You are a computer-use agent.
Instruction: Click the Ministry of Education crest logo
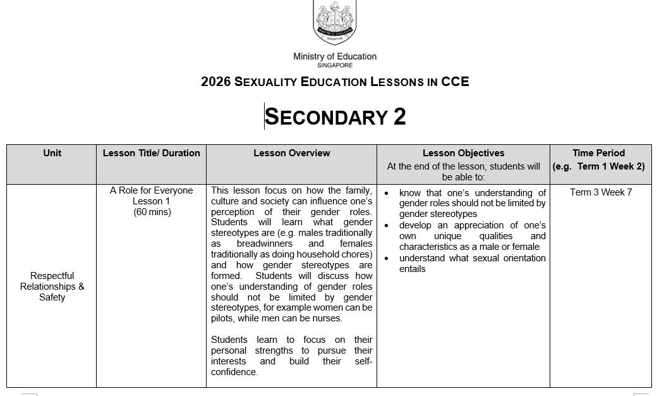click(x=335, y=22)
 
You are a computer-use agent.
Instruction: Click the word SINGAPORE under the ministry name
click(x=335, y=65)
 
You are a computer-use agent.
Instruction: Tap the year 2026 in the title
click(x=215, y=82)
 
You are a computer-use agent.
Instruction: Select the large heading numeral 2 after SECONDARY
click(x=399, y=117)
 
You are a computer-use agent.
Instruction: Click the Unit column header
click(x=52, y=153)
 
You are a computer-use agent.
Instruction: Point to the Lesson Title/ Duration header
click(x=151, y=153)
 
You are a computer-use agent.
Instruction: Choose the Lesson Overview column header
click(x=291, y=153)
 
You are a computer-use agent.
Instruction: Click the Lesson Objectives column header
click(x=463, y=153)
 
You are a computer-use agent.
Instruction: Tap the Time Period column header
click(x=598, y=153)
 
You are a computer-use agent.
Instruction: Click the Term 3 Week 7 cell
click(x=600, y=192)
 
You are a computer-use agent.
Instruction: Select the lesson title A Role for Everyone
click(x=151, y=190)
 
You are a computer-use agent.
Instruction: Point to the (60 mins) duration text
click(x=152, y=212)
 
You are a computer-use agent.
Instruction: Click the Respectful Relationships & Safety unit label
click(x=52, y=287)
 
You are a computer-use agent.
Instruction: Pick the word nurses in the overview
click(x=329, y=319)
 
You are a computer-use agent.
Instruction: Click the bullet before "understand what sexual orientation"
click(x=387, y=258)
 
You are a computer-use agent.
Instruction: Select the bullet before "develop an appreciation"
click(x=387, y=226)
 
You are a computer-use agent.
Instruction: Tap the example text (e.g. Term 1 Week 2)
click(x=598, y=167)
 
